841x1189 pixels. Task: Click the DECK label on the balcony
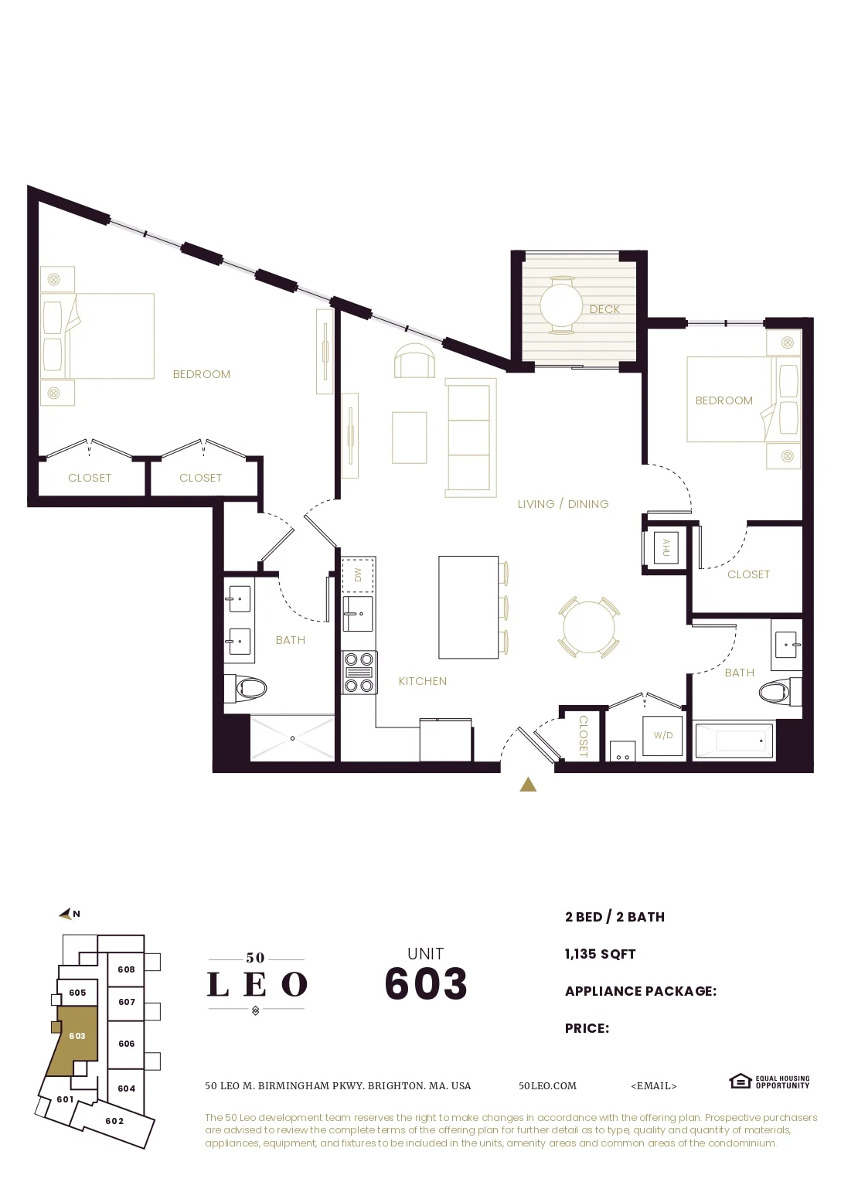(604, 309)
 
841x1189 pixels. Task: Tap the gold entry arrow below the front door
(528, 785)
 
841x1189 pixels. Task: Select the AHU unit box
(666, 547)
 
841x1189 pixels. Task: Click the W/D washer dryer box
(662, 735)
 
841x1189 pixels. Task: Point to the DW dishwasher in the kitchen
(358, 574)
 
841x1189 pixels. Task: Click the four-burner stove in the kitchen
(359, 673)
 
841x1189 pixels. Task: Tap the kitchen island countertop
(468, 608)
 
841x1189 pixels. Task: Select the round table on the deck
(561, 305)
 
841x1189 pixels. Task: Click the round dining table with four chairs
(588, 626)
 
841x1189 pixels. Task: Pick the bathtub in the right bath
(734, 741)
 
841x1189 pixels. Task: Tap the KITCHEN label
(422, 681)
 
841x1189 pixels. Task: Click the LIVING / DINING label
(563, 504)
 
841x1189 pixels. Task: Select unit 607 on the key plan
(127, 1002)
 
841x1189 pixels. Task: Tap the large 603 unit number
(426, 983)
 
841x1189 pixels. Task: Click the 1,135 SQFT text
(600, 954)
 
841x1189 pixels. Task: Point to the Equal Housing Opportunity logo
(769, 1082)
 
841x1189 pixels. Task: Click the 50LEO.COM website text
(547, 1085)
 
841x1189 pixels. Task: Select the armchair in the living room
(414, 361)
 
